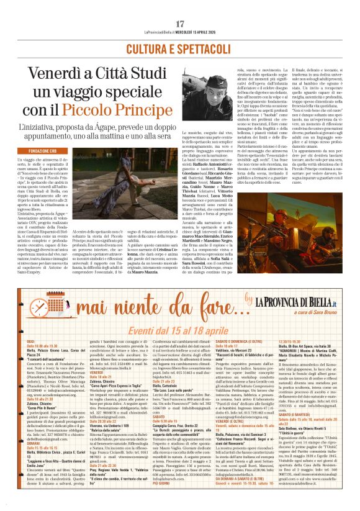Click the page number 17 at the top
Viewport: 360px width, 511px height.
[x=181, y=24]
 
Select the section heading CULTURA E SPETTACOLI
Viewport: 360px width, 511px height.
[x=180, y=48]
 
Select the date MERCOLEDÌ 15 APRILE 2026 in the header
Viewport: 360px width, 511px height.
[x=204, y=34]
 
